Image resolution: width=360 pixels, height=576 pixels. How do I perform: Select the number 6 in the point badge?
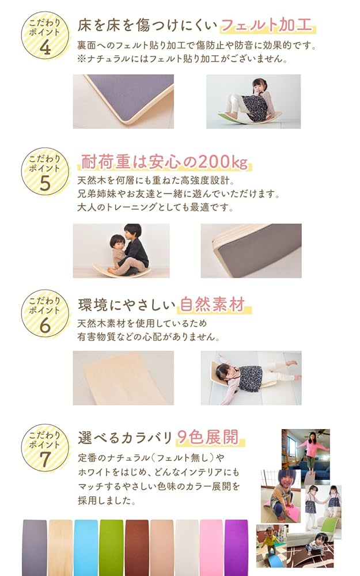pos(45,325)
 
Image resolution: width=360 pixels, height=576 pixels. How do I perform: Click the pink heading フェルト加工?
pos(267,26)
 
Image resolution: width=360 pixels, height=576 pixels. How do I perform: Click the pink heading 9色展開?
pos(208,437)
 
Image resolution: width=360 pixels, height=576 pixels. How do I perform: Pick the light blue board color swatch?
pos(86,547)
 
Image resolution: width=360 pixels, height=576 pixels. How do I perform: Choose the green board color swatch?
pos(111,547)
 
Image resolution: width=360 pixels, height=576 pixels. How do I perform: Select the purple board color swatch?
pos(236,547)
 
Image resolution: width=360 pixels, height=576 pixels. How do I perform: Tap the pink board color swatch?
pos(211,547)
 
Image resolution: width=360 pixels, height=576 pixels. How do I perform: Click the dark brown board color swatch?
pos(136,547)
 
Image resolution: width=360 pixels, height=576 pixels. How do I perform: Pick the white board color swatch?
pos(186,547)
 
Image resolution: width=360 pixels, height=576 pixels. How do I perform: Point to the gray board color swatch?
pos(35,547)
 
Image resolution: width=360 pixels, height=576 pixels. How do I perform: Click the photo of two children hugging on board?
pos(121,251)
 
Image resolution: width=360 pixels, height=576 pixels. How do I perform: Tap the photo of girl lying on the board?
pos(251,377)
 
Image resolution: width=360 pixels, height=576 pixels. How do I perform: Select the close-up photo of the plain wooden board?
pos(123,377)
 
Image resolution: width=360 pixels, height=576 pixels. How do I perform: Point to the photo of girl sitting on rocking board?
pos(253,101)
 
